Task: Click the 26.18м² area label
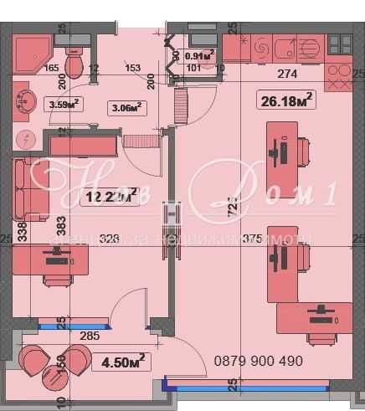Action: tap(286, 100)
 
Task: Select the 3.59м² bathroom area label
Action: tap(64, 105)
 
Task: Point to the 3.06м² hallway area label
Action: tap(126, 106)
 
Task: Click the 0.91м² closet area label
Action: tap(198, 57)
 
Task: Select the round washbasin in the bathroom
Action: tap(23, 101)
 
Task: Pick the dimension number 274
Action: tap(287, 74)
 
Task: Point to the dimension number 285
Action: tap(90, 337)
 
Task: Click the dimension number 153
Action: tap(131, 69)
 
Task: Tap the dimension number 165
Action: tap(51, 69)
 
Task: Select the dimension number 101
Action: tap(193, 69)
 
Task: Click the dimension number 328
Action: tap(109, 239)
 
